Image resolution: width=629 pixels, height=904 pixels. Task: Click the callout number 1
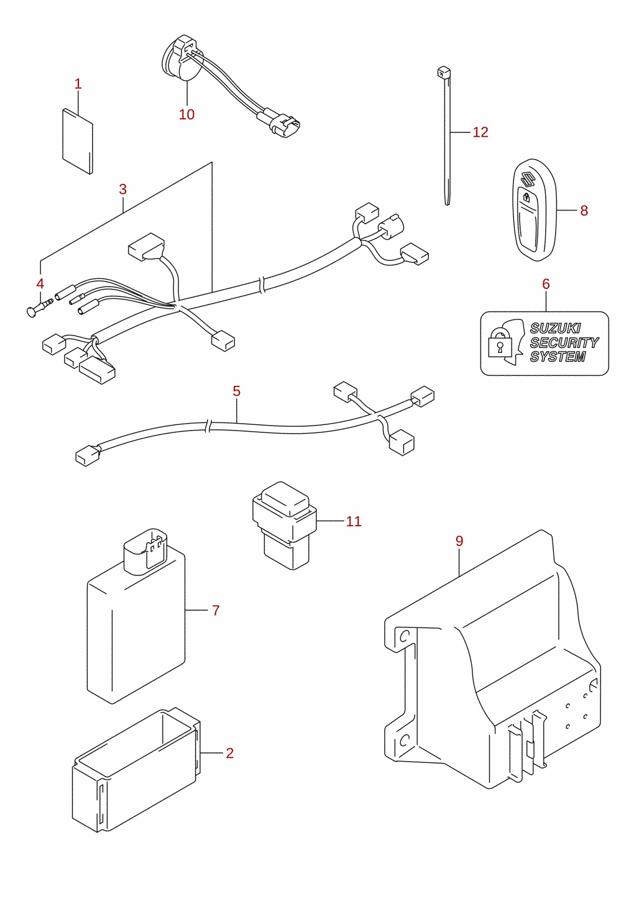[78, 84]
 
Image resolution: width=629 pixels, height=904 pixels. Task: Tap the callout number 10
[186, 114]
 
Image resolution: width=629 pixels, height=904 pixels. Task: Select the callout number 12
[480, 132]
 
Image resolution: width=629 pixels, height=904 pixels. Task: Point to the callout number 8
[584, 210]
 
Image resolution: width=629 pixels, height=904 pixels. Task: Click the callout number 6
[546, 284]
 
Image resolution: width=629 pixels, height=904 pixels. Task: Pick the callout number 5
[237, 391]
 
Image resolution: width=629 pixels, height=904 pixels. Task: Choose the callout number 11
[354, 521]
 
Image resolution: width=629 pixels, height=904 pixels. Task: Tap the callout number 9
[459, 541]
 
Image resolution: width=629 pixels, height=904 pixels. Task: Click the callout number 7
[216, 610]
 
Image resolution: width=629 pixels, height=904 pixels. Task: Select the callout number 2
[230, 753]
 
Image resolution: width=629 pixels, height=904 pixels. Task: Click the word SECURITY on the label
[564, 342]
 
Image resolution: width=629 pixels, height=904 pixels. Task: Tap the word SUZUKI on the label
[555, 328]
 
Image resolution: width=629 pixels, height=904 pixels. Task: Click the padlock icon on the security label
[500, 342]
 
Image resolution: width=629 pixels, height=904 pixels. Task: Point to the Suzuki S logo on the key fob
[527, 178]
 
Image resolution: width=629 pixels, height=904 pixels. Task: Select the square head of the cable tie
[443, 73]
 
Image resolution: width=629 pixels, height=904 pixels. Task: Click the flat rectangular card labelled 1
[78, 141]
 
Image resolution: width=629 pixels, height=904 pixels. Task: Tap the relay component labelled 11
[284, 526]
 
